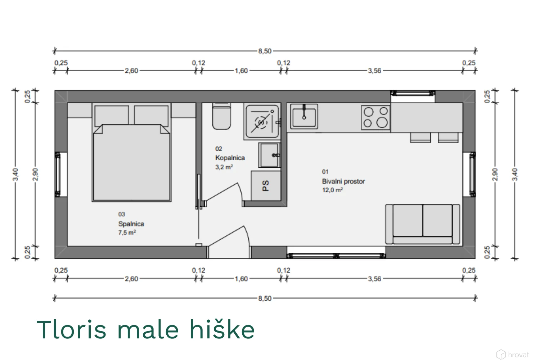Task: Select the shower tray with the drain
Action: (x=262, y=122)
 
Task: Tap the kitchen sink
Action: (x=304, y=116)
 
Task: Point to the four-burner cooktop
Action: (x=376, y=117)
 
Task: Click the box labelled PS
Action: (x=266, y=186)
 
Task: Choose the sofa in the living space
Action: (x=423, y=224)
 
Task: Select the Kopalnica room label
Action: (x=230, y=158)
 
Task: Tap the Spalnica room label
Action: (x=131, y=224)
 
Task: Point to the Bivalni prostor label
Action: (x=343, y=181)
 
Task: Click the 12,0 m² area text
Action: (x=332, y=190)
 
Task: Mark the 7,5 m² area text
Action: (x=127, y=233)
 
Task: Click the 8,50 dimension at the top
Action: (x=265, y=51)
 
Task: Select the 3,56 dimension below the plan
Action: (x=374, y=279)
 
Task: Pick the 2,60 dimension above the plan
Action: (x=131, y=71)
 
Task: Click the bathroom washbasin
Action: (x=270, y=155)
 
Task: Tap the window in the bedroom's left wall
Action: (x=58, y=174)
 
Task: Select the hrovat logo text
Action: (x=518, y=354)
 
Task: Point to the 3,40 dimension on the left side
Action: (x=15, y=174)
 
